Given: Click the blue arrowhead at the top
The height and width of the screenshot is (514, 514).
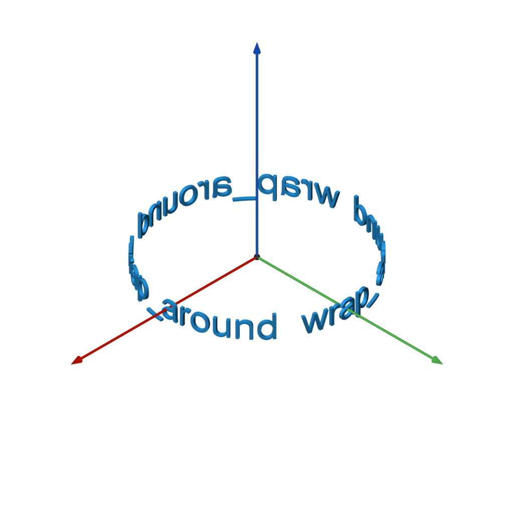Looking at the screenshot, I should point(257,48).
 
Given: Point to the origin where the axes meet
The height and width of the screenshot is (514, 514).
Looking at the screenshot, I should point(257,257).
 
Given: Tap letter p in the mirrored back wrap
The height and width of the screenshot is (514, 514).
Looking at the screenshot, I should point(266,186).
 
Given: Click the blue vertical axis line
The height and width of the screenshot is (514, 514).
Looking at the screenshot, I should point(257,125).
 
